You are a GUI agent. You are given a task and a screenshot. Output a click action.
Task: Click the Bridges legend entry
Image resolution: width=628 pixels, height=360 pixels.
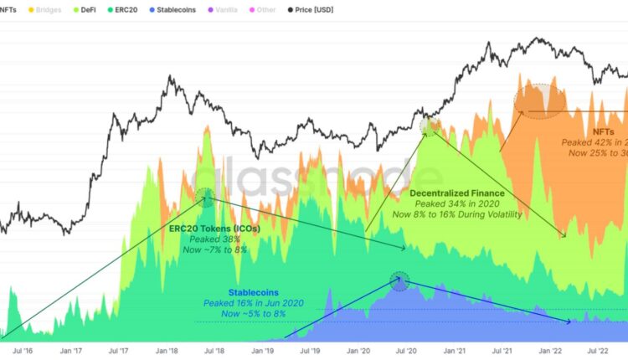tap(44, 9)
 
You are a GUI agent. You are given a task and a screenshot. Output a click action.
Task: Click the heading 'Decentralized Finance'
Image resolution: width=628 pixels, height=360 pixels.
tap(456, 193)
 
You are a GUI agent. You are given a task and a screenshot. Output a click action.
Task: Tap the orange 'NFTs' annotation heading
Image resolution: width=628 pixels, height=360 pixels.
tap(602, 132)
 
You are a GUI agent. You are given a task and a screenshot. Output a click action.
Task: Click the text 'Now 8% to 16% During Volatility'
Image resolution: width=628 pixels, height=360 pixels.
tap(457, 214)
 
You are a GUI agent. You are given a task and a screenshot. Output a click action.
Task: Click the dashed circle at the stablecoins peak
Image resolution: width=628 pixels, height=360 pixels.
tap(400, 281)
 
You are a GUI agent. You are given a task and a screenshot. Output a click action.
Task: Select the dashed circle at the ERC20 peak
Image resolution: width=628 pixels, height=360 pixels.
tap(206, 198)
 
